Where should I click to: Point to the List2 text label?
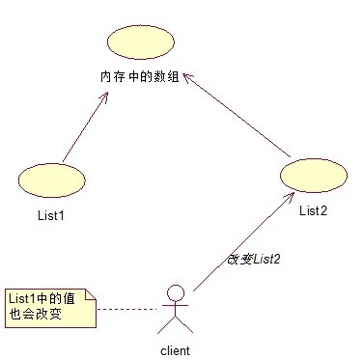(x=313, y=209)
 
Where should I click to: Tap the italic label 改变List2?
(x=253, y=260)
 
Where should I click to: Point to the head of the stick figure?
(x=174, y=291)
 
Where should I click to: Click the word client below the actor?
(x=174, y=350)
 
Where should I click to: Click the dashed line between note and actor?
(x=126, y=309)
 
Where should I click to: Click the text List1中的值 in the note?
(x=43, y=298)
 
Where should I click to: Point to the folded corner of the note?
(x=90, y=293)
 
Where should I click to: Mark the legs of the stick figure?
(x=174, y=328)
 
